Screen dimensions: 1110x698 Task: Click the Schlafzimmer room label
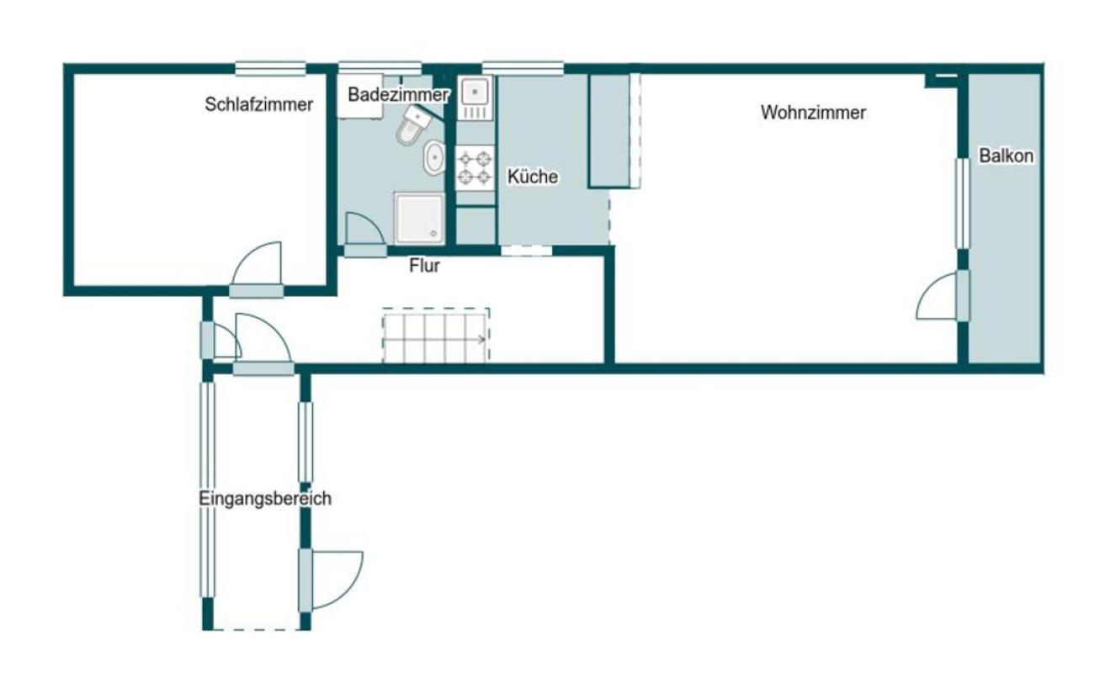click(258, 104)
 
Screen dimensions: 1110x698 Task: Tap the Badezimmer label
click(398, 94)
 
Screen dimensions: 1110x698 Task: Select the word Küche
click(533, 177)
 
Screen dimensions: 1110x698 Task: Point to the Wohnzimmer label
click(813, 113)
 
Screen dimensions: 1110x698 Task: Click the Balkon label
click(1006, 156)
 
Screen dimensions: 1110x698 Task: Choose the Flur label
click(424, 266)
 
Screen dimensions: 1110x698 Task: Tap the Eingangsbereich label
click(265, 498)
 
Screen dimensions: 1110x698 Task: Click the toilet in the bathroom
click(412, 124)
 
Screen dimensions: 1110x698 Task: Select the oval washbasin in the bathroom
click(434, 157)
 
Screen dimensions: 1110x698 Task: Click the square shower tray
click(419, 219)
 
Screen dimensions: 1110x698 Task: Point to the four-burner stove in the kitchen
click(475, 168)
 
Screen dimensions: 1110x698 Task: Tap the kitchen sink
click(475, 98)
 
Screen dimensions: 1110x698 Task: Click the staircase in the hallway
click(436, 336)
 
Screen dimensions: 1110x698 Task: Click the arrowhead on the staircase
click(482, 339)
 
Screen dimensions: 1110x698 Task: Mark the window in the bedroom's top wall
click(270, 68)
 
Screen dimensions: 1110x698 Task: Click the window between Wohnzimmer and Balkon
click(963, 204)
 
